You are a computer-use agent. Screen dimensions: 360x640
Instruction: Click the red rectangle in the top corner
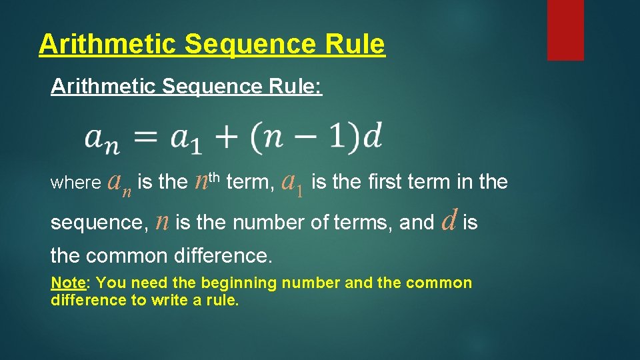click(565, 29)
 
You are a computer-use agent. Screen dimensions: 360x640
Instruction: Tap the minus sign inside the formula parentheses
click(309, 137)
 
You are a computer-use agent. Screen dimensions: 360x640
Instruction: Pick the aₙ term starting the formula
click(101, 139)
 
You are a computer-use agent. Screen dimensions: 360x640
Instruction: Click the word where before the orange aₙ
click(73, 183)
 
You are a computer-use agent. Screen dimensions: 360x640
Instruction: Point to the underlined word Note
click(68, 283)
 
